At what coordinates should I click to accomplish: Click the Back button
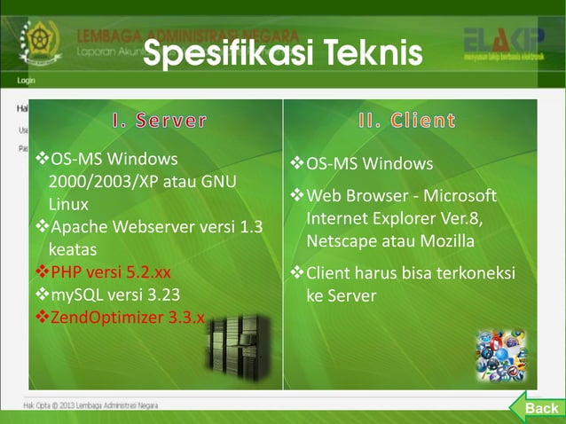click(538, 407)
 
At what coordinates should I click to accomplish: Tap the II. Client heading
click(407, 120)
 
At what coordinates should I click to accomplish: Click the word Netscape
click(341, 241)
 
